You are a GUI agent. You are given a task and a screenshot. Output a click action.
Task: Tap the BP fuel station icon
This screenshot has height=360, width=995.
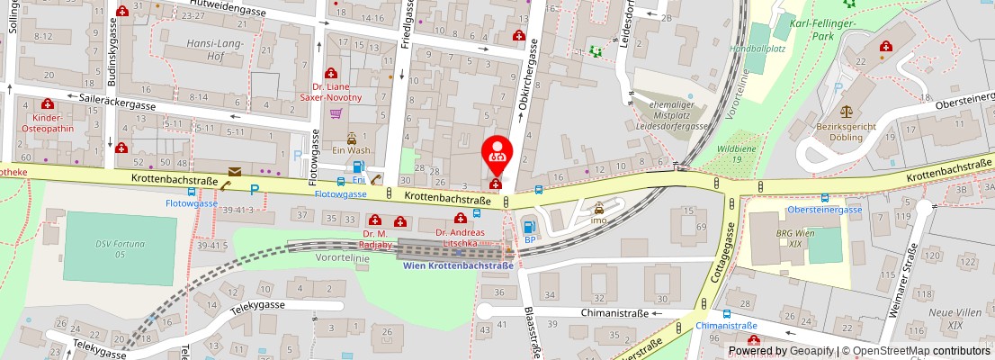(x=529, y=227)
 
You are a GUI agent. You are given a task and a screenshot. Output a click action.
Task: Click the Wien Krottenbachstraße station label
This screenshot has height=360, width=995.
(x=458, y=265)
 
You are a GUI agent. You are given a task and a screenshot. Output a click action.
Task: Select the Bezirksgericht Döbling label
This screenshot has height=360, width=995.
(x=845, y=132)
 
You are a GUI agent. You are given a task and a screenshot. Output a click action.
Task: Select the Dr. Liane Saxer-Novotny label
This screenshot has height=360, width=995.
(x=331, y=92)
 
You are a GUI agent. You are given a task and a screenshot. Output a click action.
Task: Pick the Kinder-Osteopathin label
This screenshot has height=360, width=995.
(x=47, y=123)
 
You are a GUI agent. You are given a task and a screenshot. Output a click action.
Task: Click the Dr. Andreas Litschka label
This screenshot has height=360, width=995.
(x=460, y=237)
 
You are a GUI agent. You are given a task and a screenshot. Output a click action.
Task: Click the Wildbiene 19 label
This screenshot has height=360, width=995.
(x=737, y=153)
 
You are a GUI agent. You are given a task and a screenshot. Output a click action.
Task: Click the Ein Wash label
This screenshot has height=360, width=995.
(x=352, y=149)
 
